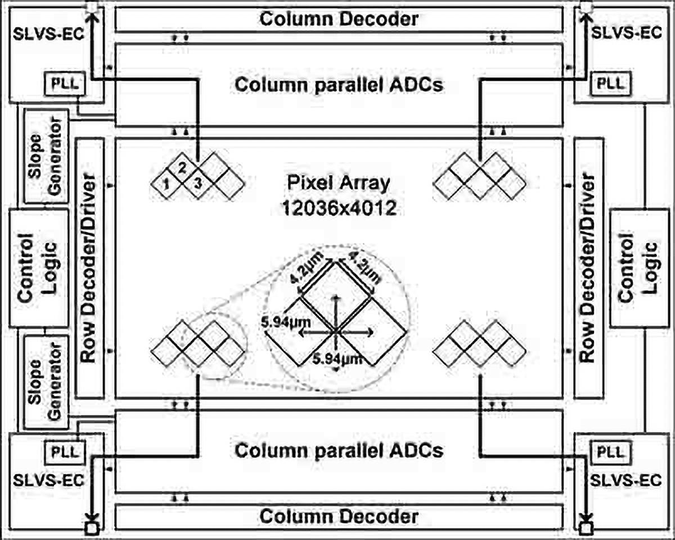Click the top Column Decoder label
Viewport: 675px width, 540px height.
(x=339, y=19)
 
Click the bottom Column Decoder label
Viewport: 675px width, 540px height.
(x=339, y=516)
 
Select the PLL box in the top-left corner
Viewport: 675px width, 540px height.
(x=65, y=84)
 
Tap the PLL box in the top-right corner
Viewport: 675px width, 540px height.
(x=610, y=84)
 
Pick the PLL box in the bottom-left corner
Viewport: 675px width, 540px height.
(x=65, y=452)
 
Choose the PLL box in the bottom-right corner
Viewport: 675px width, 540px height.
(x=610, y=452)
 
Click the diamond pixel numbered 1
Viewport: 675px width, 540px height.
(x=166, y=184)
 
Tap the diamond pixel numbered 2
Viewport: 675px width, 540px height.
(x=182, y=169)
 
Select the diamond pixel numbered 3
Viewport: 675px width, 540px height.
(x=198, y=184)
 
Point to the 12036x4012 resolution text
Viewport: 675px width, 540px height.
(x=339, y=208)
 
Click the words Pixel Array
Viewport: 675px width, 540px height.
(x=339, y=183)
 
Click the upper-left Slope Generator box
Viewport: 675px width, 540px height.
(x=46, y=156)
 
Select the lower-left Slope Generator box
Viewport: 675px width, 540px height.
(x=46, y=382)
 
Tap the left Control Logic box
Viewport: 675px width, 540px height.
(x=39, y=268)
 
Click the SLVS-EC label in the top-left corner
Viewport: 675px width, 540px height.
(x=48, y=34)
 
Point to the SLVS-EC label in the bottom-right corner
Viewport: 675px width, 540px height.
(x=626, y=480)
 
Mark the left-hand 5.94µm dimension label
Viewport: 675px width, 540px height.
(x=286, y=322)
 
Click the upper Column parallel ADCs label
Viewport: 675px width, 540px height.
(x=339, y=85)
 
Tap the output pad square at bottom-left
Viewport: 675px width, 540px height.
(x=92, y=529)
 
